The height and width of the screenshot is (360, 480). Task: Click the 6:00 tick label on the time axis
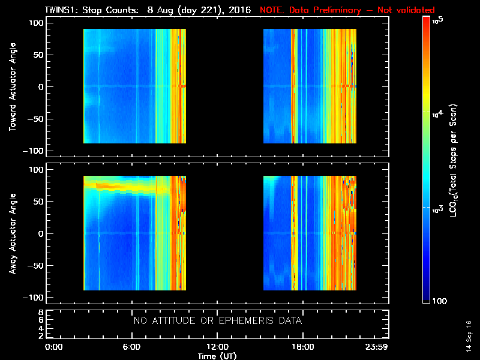pyautogui.click(x=131, y=347)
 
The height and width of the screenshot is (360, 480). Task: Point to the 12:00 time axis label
pyautogui.click(x=217, y=347)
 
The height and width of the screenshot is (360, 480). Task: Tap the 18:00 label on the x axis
pyautogui.click(x=302, y=347)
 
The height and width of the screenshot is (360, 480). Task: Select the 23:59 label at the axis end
pyautogui.click(x=377, y=347)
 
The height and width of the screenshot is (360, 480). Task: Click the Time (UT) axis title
pyautogui.click(x=217, y=356)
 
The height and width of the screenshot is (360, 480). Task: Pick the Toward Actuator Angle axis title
pyautogui.click(x=12, y=86)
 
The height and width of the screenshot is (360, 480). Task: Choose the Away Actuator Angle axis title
pyautogui.click(x=12, y=233)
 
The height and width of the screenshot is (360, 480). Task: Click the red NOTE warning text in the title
pyautogui.click(x=347, y=10)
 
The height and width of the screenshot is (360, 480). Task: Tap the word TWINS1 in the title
pyautogui.click(x=60, y=10)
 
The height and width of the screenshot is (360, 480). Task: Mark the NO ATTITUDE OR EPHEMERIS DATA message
pyautogui.click(x=217, y=321)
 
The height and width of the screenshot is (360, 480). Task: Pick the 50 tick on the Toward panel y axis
pyautogui.click(x=37, y=55)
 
